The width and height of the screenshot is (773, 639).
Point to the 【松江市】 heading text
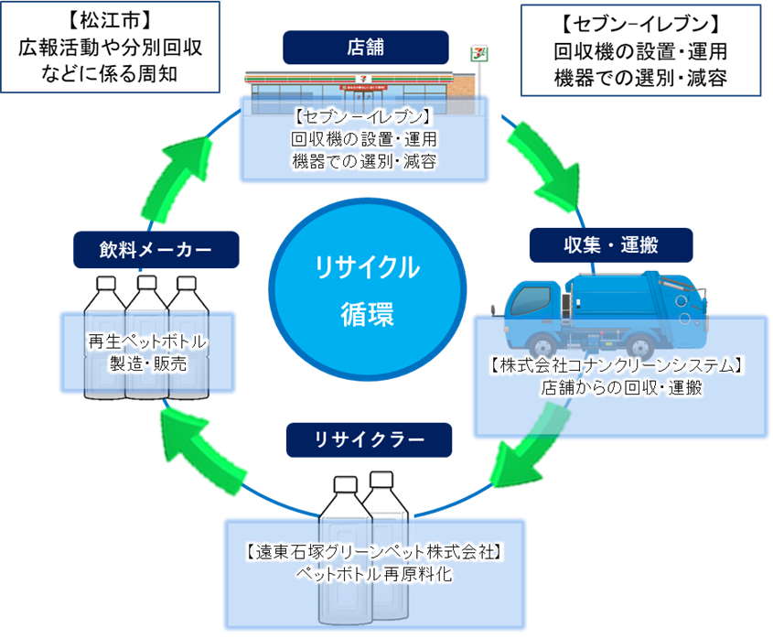110,18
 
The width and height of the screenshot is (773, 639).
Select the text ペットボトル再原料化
374,574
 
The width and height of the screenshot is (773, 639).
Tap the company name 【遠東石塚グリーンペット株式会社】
375,552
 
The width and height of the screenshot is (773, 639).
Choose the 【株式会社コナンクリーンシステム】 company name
620,365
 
